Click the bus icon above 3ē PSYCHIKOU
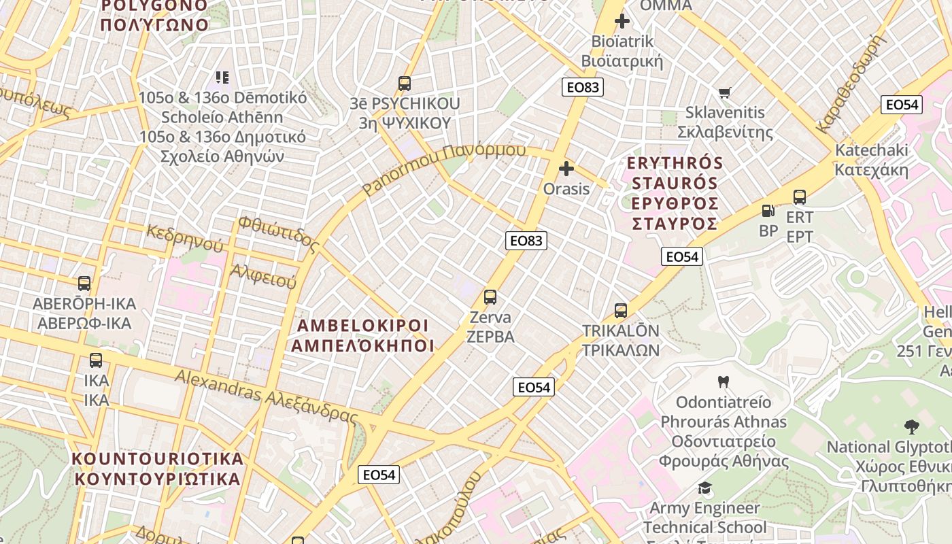(x=405, y=84)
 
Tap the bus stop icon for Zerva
(x=490, y=297)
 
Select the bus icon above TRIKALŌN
(x=620, y=311)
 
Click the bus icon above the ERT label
(x=800, y=197)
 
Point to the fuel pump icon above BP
(x=768, y=211)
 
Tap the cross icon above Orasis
(x=566, y=169)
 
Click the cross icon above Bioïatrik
(x=622, y=21)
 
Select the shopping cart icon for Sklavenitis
(x=725, y=92)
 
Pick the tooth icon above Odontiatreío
(x=723, y=382)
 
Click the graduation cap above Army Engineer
(x=704, y=488)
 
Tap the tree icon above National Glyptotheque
(x=912, y=427)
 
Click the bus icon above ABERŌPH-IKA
(x=84, y=284)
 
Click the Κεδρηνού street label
(x=184, y=236)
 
